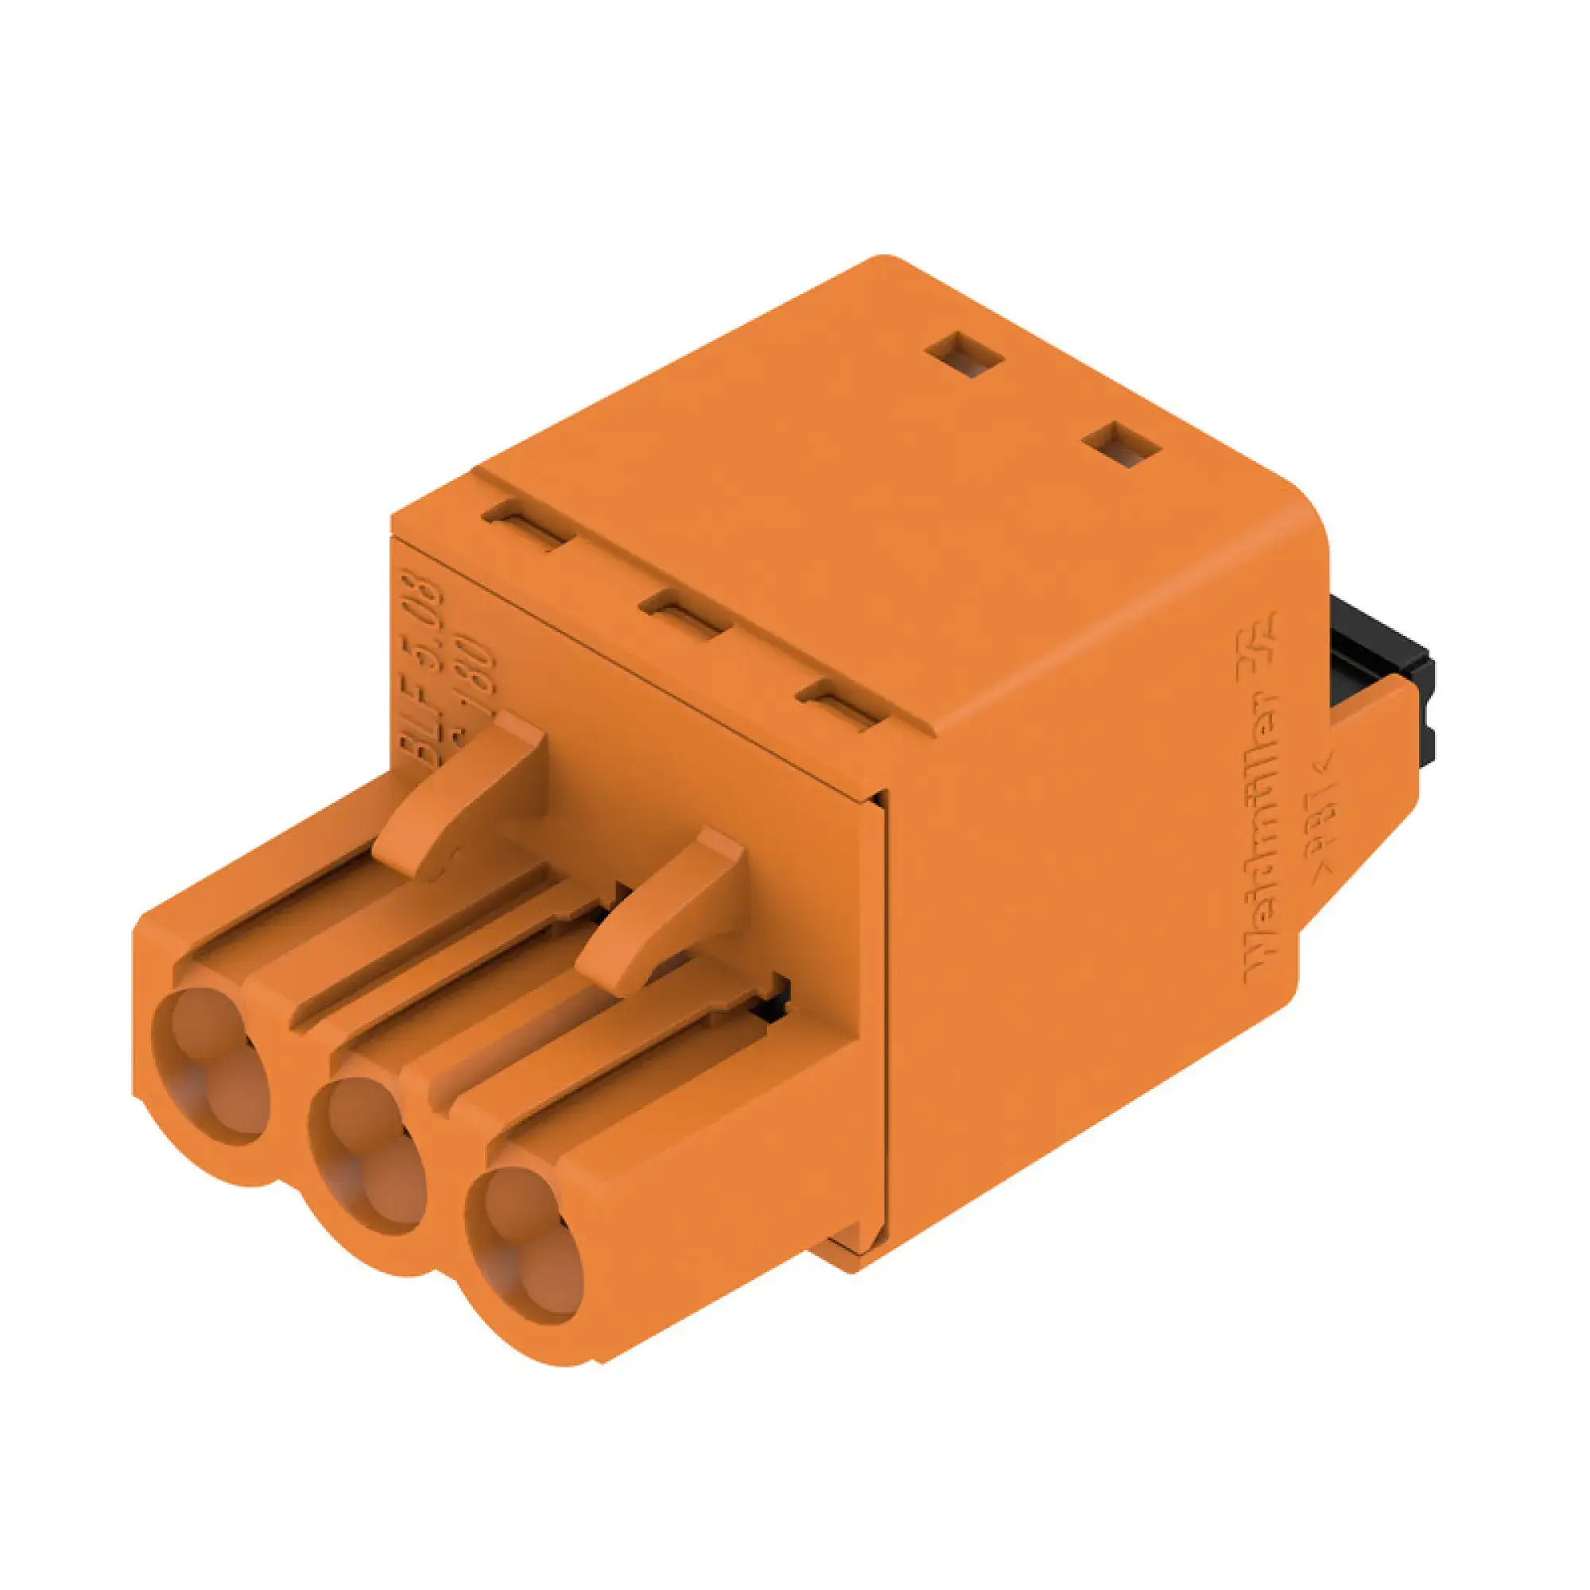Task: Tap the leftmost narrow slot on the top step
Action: [x=528, y=524]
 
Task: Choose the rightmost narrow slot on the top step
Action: [x=841, y=701]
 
